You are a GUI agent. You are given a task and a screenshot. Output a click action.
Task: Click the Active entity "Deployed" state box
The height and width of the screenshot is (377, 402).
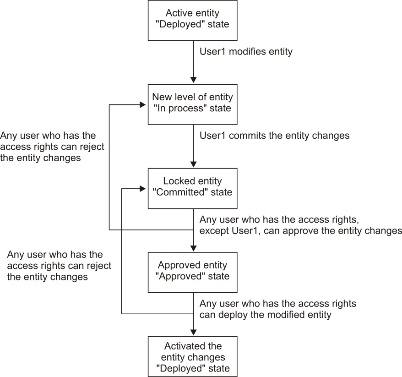tap(193, 20)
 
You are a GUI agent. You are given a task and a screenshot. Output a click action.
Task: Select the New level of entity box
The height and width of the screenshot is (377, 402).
tap(193, 104)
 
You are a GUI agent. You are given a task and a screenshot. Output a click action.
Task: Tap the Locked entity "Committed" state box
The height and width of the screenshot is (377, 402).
tap(193, 188)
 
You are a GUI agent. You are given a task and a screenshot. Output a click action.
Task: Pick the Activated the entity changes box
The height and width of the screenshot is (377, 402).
tap(193, 357)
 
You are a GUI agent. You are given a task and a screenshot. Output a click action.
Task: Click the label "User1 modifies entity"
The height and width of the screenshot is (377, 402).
tap(246, 52)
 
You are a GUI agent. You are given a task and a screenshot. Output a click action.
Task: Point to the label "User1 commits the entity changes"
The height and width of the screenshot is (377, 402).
tap(275, 136)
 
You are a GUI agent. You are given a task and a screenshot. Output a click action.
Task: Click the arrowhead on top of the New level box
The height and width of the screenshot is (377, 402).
tap(193, 81)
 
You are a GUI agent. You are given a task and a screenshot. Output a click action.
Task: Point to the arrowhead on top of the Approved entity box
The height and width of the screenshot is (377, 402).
tap(193, 249)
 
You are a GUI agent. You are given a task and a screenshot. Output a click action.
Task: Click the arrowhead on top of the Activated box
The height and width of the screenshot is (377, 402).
tap(193, 333)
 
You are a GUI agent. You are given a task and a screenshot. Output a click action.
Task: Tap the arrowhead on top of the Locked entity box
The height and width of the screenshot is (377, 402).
tap(193, 165)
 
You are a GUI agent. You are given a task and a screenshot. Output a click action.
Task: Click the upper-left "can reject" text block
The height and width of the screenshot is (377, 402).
tap(52, 147)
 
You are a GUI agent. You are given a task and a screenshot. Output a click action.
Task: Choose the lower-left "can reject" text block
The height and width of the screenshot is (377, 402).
tap(59, 266)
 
